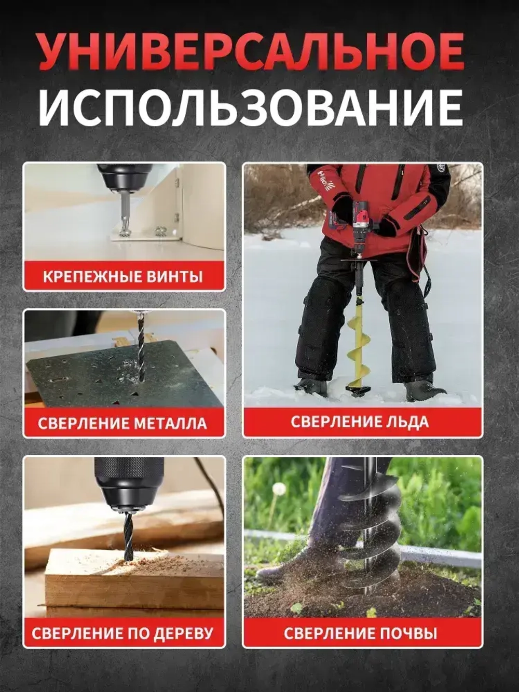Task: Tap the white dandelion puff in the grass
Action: coord(279,489)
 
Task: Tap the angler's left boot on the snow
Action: coord(311,387)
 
